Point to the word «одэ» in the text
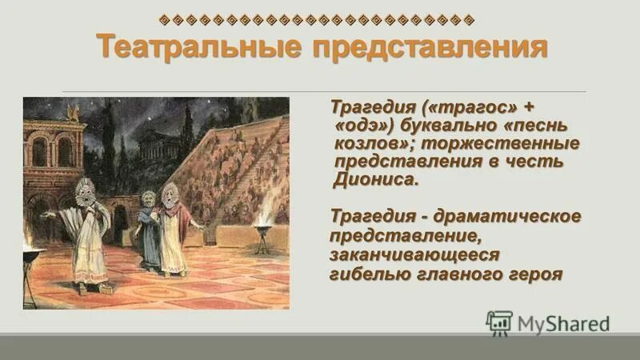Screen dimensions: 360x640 click(362, 126)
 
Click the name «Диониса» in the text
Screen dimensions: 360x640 click(374, 180)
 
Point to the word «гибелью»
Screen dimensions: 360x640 click(369, 274)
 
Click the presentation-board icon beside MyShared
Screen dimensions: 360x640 click(500, 322)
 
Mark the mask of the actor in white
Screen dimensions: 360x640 click(85, 192)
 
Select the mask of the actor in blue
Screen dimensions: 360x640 click(149, 199)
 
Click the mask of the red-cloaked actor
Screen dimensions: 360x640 click(170, 194)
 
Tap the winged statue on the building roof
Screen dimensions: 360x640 click(74, 112)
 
